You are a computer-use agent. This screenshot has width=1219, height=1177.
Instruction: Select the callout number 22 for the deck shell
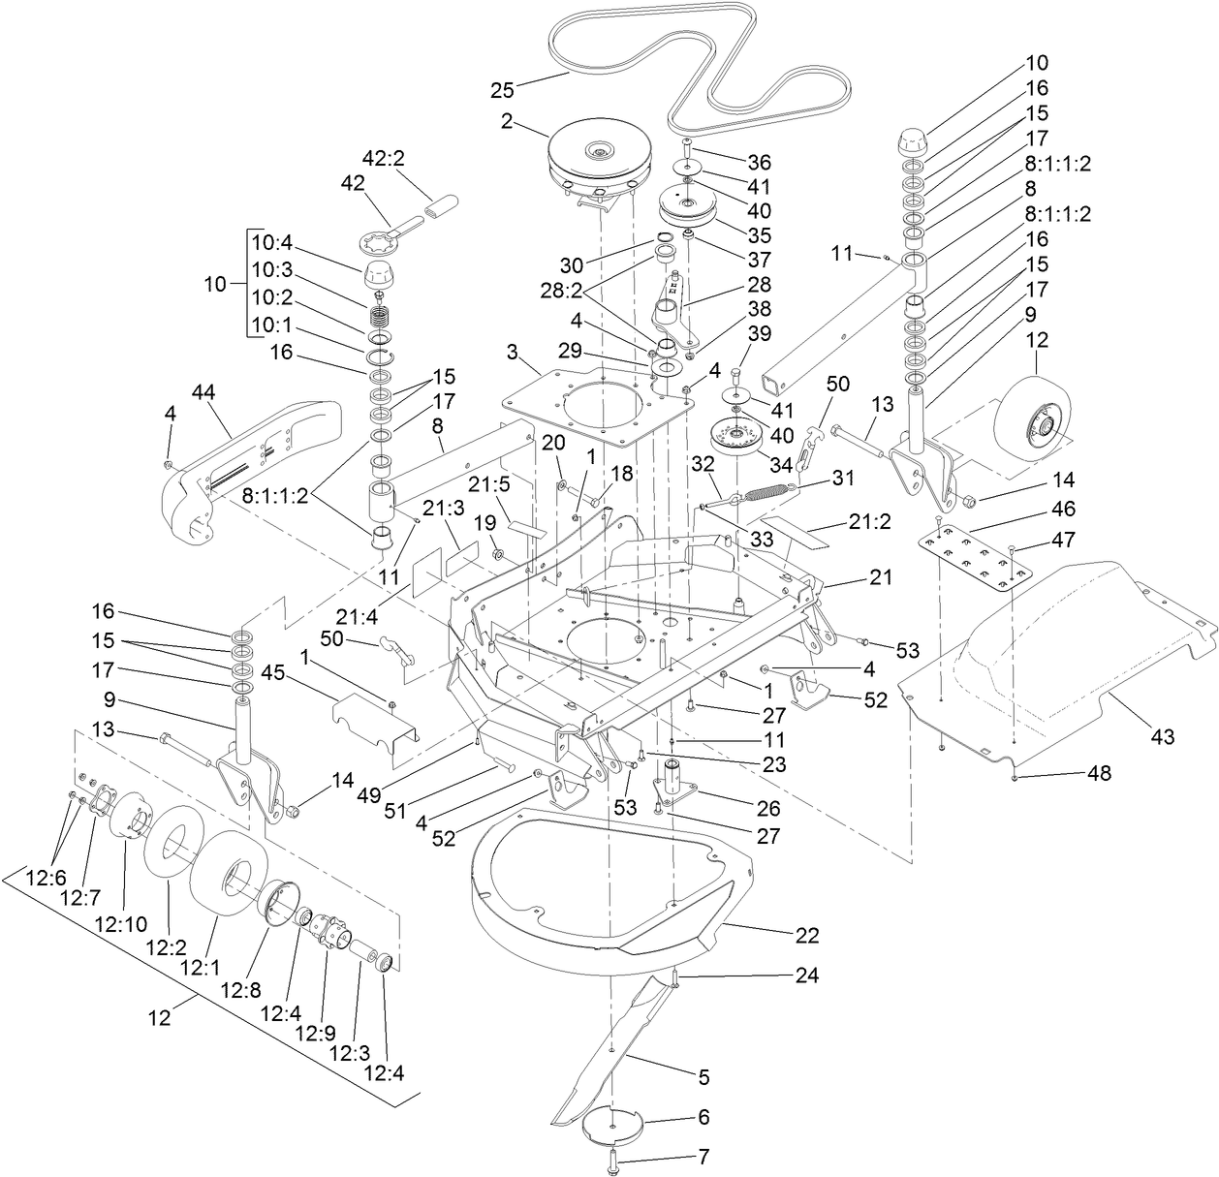806,936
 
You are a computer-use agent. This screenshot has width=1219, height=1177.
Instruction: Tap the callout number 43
1162,737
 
